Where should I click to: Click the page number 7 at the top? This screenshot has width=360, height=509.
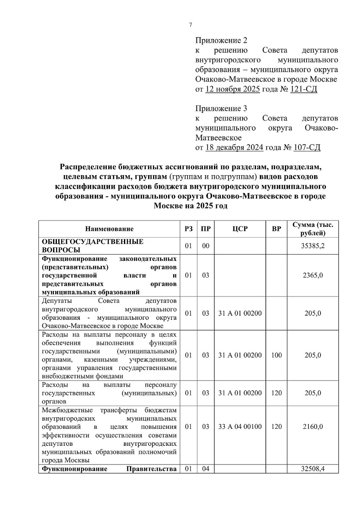tap(191, 25)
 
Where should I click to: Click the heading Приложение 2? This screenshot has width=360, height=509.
tap(221, 41)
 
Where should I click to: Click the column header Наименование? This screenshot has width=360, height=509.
tap(110, 229)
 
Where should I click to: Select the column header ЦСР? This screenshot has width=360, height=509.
tap(240, 229)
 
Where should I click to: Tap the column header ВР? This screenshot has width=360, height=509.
tap(276, 229)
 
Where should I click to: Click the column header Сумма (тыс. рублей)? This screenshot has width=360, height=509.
tap(313, 229)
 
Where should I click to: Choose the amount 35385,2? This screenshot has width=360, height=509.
tap(313, 246)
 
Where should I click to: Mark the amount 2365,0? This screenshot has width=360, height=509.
tap(313, 275)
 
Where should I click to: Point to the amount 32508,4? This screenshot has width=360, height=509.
tap(313, 469)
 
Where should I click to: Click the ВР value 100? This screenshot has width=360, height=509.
tap(276, 355)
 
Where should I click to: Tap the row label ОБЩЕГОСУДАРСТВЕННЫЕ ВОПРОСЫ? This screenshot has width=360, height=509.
tap(93, 246)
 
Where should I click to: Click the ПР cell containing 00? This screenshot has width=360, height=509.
tap(206, 246)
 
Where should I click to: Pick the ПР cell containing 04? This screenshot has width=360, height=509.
tap(206, 469)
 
